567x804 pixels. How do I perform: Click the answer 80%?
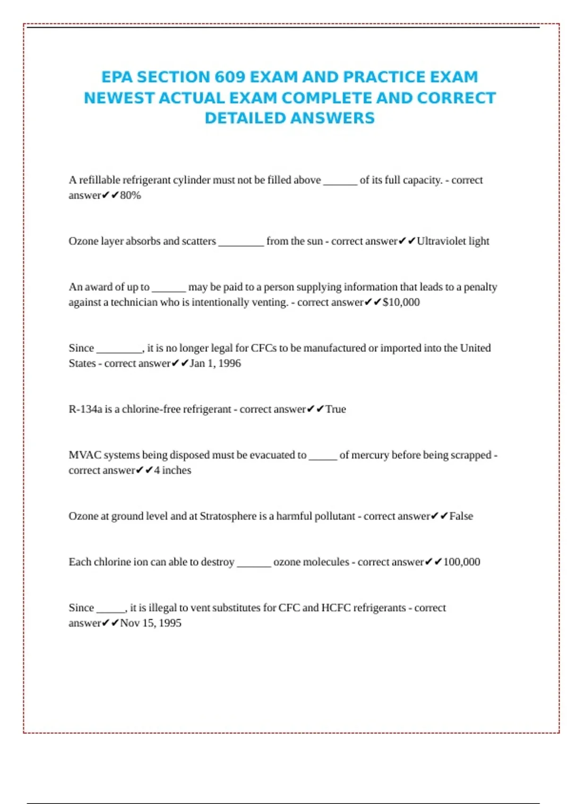click(130, 195)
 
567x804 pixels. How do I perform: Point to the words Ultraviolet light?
click(453, 241)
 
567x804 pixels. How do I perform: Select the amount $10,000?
click(401, 302)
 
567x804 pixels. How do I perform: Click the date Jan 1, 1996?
click(215, 363)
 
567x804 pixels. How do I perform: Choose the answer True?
click(335, 409)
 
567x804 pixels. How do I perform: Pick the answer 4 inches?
click(172, 470)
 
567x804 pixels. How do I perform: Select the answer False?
click(461, 516)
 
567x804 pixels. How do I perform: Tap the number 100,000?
click(462, 562)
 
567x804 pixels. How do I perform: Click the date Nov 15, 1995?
click(151, 623)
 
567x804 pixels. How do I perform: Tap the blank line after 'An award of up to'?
click(169, 289)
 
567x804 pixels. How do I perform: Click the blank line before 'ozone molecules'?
click(254, 564)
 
